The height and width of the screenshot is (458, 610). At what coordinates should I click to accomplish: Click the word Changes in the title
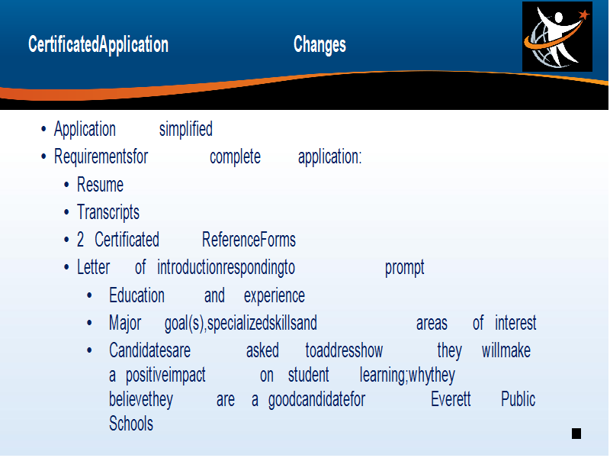(x=319, y=45)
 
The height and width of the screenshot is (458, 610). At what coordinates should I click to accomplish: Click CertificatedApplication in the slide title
(x=98, y=44)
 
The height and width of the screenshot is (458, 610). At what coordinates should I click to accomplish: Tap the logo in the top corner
(x=557, y=37)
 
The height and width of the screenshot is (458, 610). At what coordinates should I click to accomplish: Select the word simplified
(x=186, y=129)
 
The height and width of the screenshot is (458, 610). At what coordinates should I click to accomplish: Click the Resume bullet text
(x=100, y=185)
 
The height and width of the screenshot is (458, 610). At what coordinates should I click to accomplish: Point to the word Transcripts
(x=108, y=213)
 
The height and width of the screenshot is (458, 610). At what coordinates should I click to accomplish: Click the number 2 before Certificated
(x=80, y=240)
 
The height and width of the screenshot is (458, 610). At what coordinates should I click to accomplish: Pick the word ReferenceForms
(x=249, y=240)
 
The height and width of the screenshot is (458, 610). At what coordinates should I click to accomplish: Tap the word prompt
(x=405, y=268)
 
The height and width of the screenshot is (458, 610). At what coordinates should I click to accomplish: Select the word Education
(x=136, y=295)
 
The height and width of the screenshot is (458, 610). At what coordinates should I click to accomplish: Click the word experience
(x=274, y=296)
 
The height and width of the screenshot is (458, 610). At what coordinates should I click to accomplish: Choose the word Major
(x=125, y=323)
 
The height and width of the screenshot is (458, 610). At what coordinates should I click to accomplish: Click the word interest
(x=515, y=323)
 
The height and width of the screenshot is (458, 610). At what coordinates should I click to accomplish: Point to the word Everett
(x=451, y=399)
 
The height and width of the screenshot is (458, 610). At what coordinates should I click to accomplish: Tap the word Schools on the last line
(x=131, y=424)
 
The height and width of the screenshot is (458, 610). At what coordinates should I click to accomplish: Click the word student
(x=309, y=375)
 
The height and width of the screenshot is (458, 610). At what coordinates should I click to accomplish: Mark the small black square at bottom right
(x=576, y=434)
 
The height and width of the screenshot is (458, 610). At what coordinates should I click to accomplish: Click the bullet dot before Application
(x=43, y=129)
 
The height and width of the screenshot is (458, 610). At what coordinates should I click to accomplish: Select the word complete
(x=236, y=157)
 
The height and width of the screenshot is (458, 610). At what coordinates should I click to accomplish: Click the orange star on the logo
(x=584, y=15)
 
